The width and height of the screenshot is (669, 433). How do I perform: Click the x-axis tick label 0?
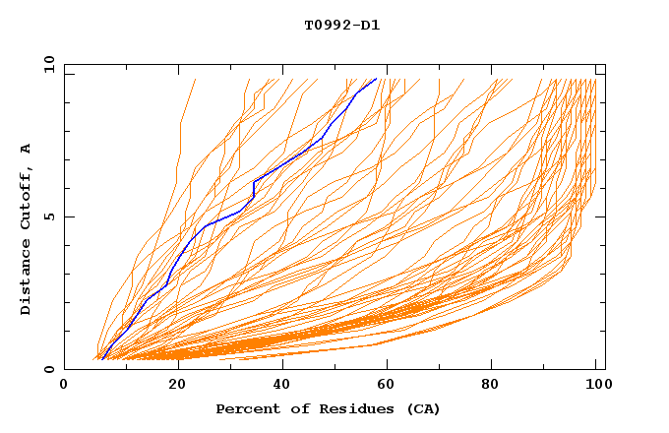[x=64, y=387]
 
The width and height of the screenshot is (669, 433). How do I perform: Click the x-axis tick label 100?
[x=594, y=387]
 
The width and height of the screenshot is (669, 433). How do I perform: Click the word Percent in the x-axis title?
[x=244, y=408]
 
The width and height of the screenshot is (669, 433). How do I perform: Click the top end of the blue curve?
[x=376, y=79]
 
